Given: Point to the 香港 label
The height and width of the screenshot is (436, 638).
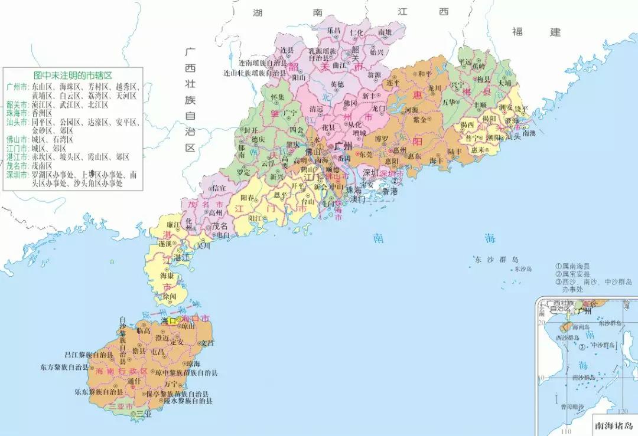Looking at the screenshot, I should (x=390, y=191).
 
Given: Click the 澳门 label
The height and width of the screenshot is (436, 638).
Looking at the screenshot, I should (x=359, y=199).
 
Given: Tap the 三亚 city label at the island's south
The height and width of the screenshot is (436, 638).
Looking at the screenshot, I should (x=144, y=414).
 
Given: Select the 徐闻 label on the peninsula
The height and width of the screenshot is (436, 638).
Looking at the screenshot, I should (x=170, y=297).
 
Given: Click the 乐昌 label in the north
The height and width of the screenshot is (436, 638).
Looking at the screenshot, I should (x=334, y=29).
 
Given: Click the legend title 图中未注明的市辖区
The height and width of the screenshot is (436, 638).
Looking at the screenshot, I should (x=73, y=76).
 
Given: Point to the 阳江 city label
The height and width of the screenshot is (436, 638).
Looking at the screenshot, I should (x=255, y=218).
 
